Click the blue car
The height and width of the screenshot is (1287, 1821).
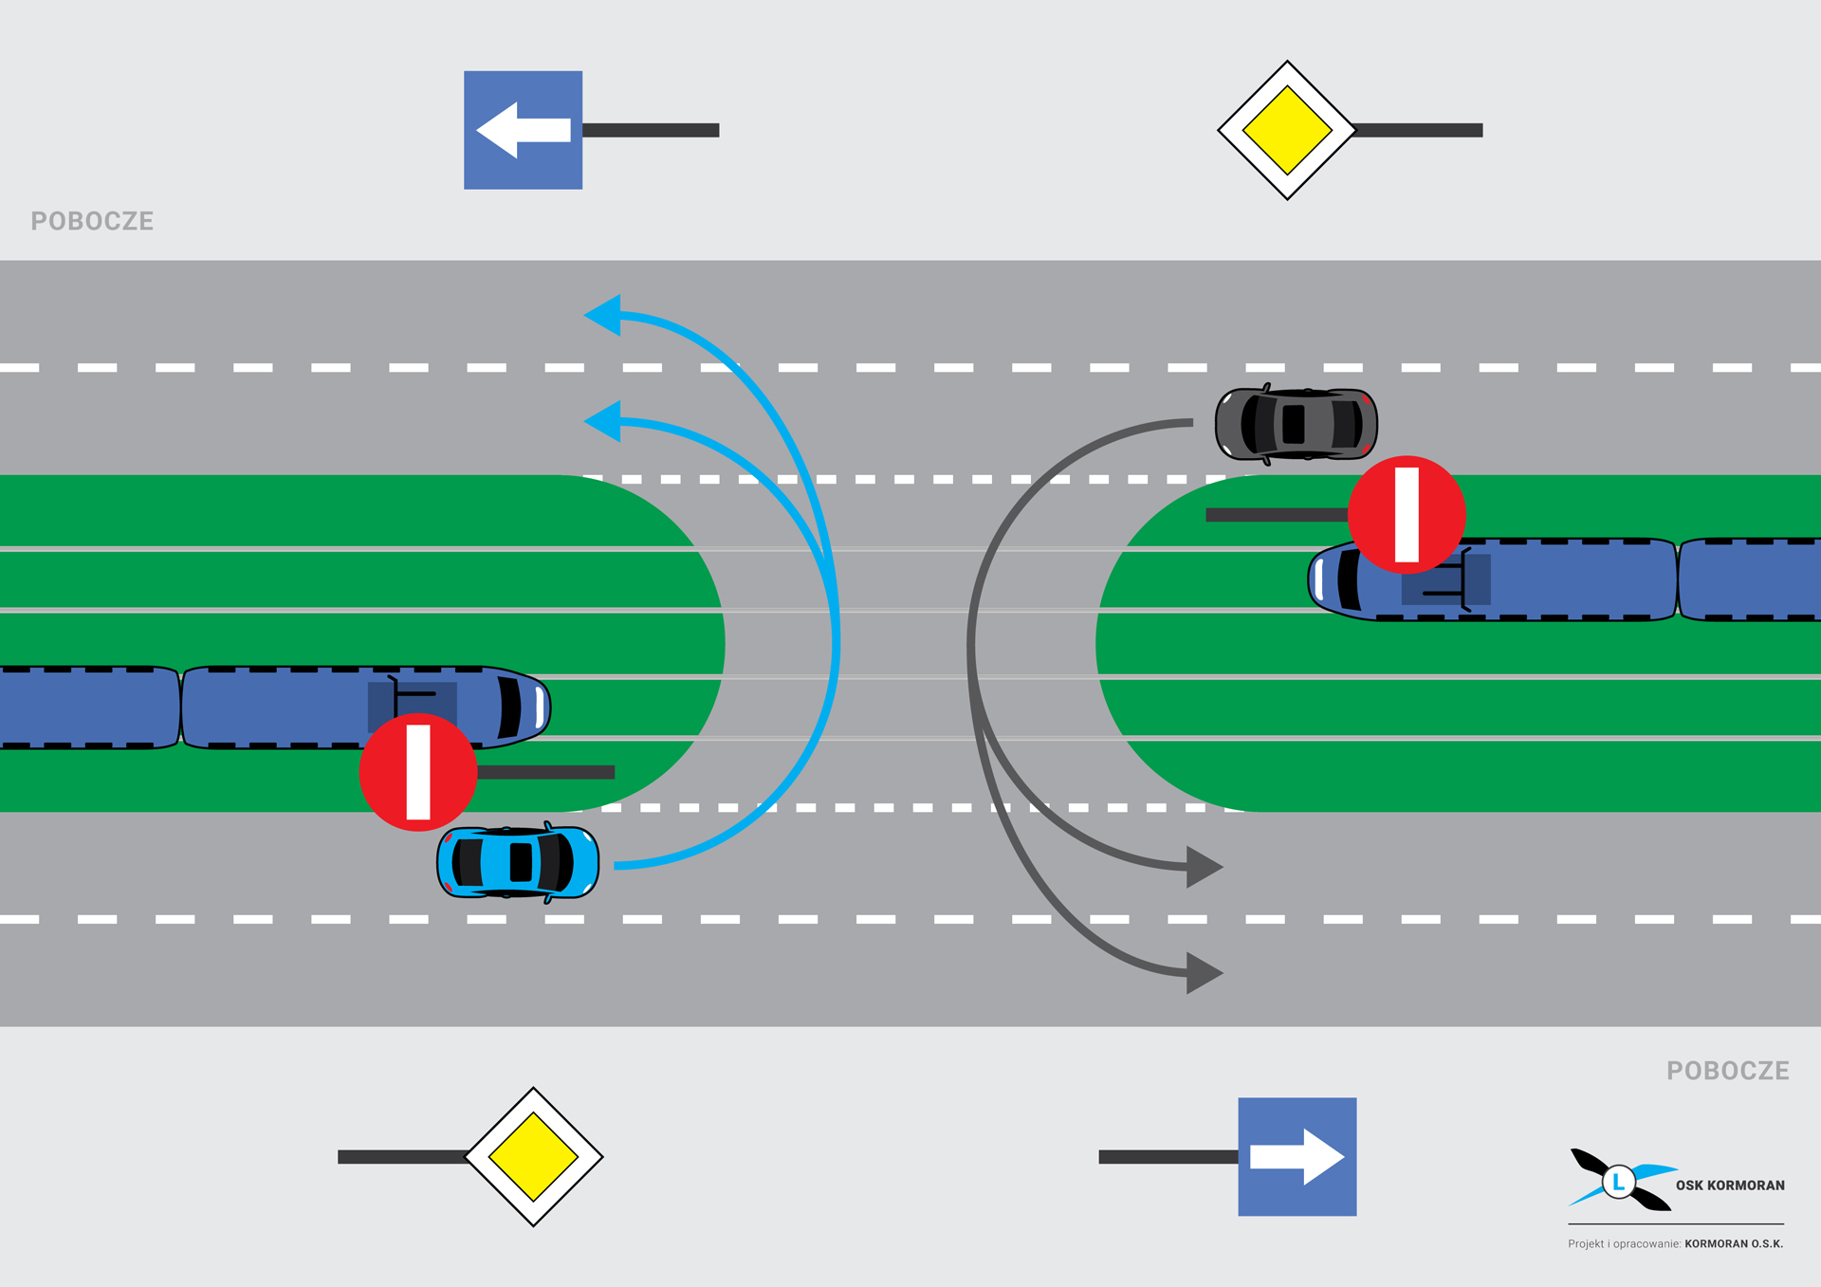(518, 862)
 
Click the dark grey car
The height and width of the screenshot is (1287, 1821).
(1296, 424)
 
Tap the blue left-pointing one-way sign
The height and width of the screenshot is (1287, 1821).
(523, 130)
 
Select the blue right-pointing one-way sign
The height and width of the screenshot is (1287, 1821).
(1297, 1156)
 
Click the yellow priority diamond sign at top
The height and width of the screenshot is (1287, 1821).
(1287, 130)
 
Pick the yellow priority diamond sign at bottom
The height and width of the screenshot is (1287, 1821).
(534, 1156)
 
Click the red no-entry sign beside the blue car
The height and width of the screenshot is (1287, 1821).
(418, 772)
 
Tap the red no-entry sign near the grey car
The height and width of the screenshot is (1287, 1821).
(1407, 515)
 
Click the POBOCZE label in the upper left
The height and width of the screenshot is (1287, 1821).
(92, 221)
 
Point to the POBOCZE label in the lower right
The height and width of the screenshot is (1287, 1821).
(1727, 1071)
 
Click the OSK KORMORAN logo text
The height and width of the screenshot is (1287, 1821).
(1730, 1186)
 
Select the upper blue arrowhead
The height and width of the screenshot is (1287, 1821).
(604, 315)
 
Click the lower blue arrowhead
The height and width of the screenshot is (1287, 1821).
(604, 421)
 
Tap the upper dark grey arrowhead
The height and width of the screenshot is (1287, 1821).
(1203, 867)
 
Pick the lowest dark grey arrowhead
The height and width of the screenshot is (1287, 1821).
(1203, 973)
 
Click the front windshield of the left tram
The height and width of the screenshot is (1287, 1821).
(510, 707)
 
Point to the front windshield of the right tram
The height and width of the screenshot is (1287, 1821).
(1348, 579)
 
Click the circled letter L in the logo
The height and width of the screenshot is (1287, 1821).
(1619, 1182)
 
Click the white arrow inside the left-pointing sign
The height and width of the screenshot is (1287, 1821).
(523, 130)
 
